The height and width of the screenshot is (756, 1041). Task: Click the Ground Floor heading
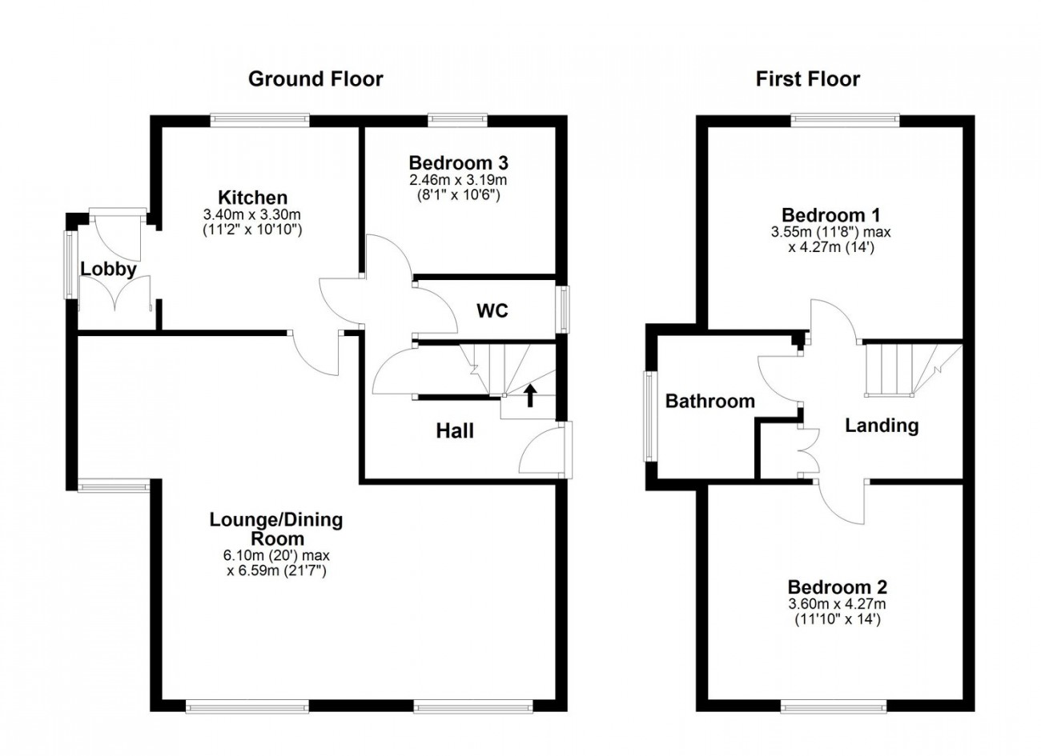point(316,79)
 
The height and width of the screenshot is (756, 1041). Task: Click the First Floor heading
point(808,79)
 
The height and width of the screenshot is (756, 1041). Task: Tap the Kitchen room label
point(253,198)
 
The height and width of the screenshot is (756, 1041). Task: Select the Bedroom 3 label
point(458,163)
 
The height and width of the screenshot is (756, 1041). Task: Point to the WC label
point(492,310)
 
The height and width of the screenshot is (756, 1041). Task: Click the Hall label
point(455,431)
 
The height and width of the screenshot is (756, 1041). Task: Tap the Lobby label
point(108,270)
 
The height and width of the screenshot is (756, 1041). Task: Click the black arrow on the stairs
point(530,396)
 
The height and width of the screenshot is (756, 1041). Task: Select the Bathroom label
point(710,402)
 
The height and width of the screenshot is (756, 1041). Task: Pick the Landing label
point(882,426)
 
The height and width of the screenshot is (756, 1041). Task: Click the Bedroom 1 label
point(831,215)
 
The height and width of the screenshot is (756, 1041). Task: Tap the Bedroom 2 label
point(838,587)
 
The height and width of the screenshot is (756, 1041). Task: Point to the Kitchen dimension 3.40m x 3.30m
point(252,214)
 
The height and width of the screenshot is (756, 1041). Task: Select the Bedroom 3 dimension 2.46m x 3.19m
point(458,179)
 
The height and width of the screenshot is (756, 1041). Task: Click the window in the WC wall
point(564,310)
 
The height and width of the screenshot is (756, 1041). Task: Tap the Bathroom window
point(649,416)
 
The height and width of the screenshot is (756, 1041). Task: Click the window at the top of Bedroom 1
point(846,120)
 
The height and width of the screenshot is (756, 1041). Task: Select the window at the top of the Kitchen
point(259,120)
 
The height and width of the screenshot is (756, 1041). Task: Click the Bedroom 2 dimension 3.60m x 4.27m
point(837,604)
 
